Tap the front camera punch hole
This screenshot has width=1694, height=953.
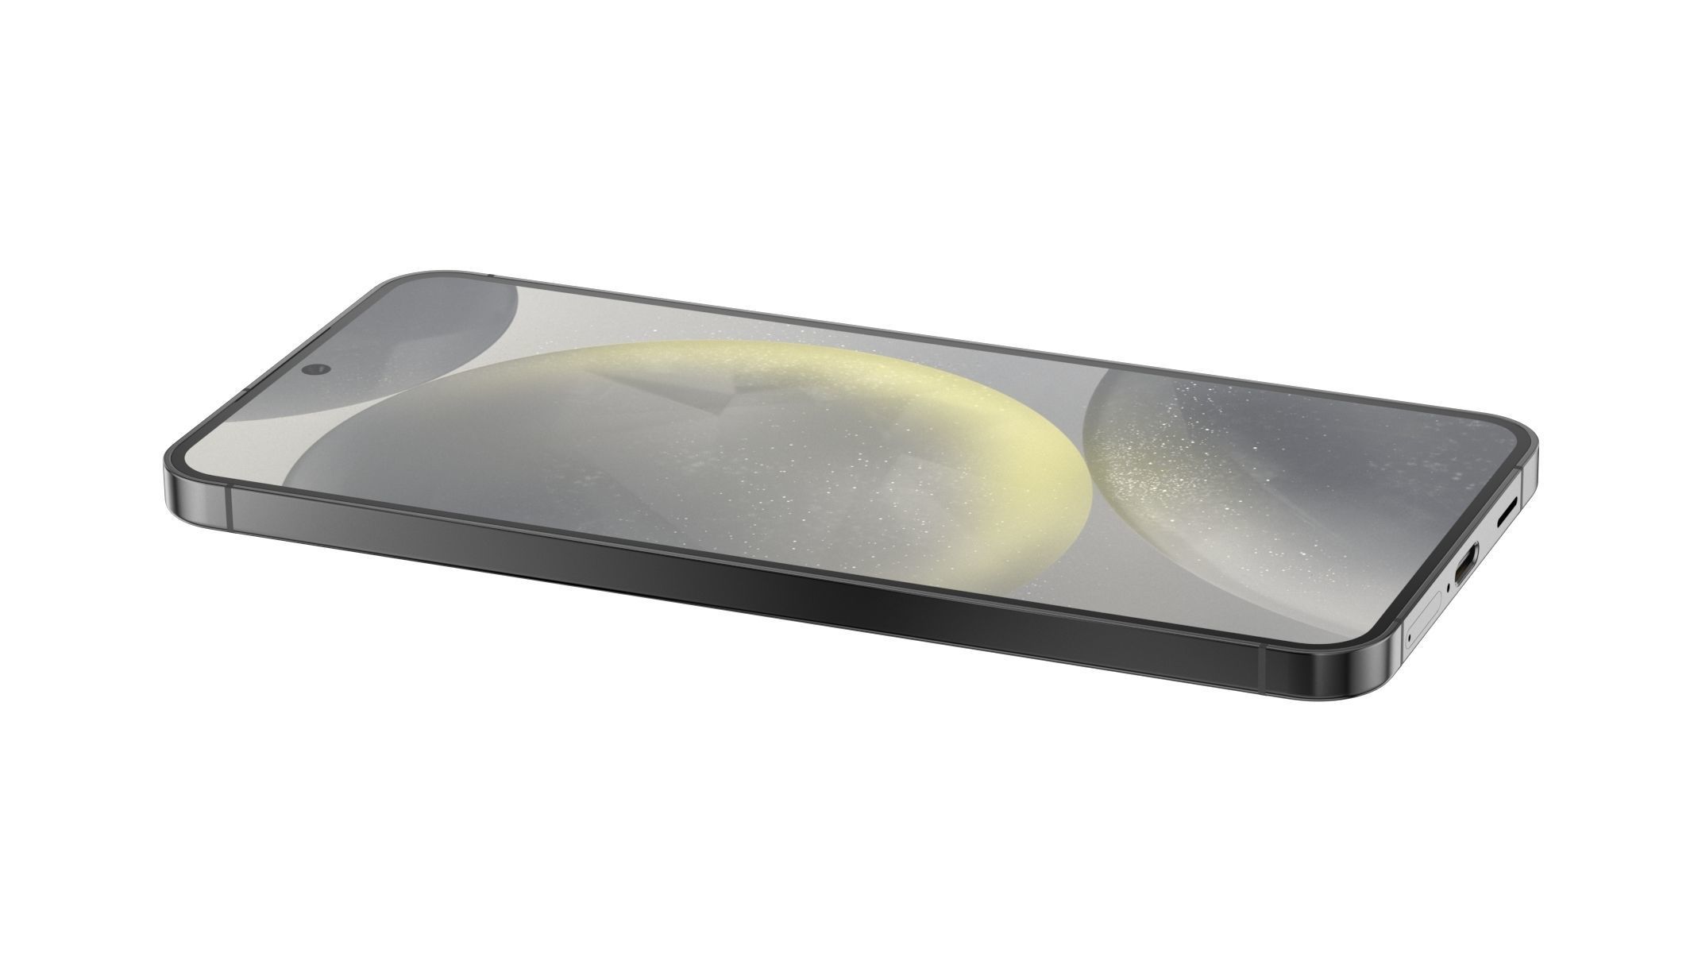click(318, 369)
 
